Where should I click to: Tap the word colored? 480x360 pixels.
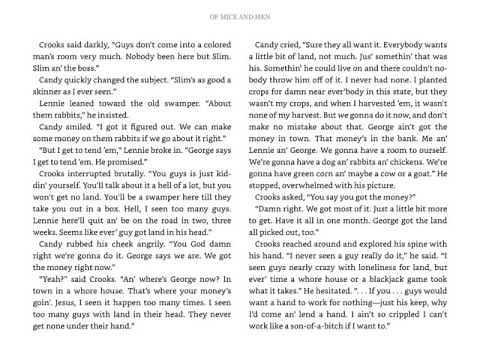point(209,45)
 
